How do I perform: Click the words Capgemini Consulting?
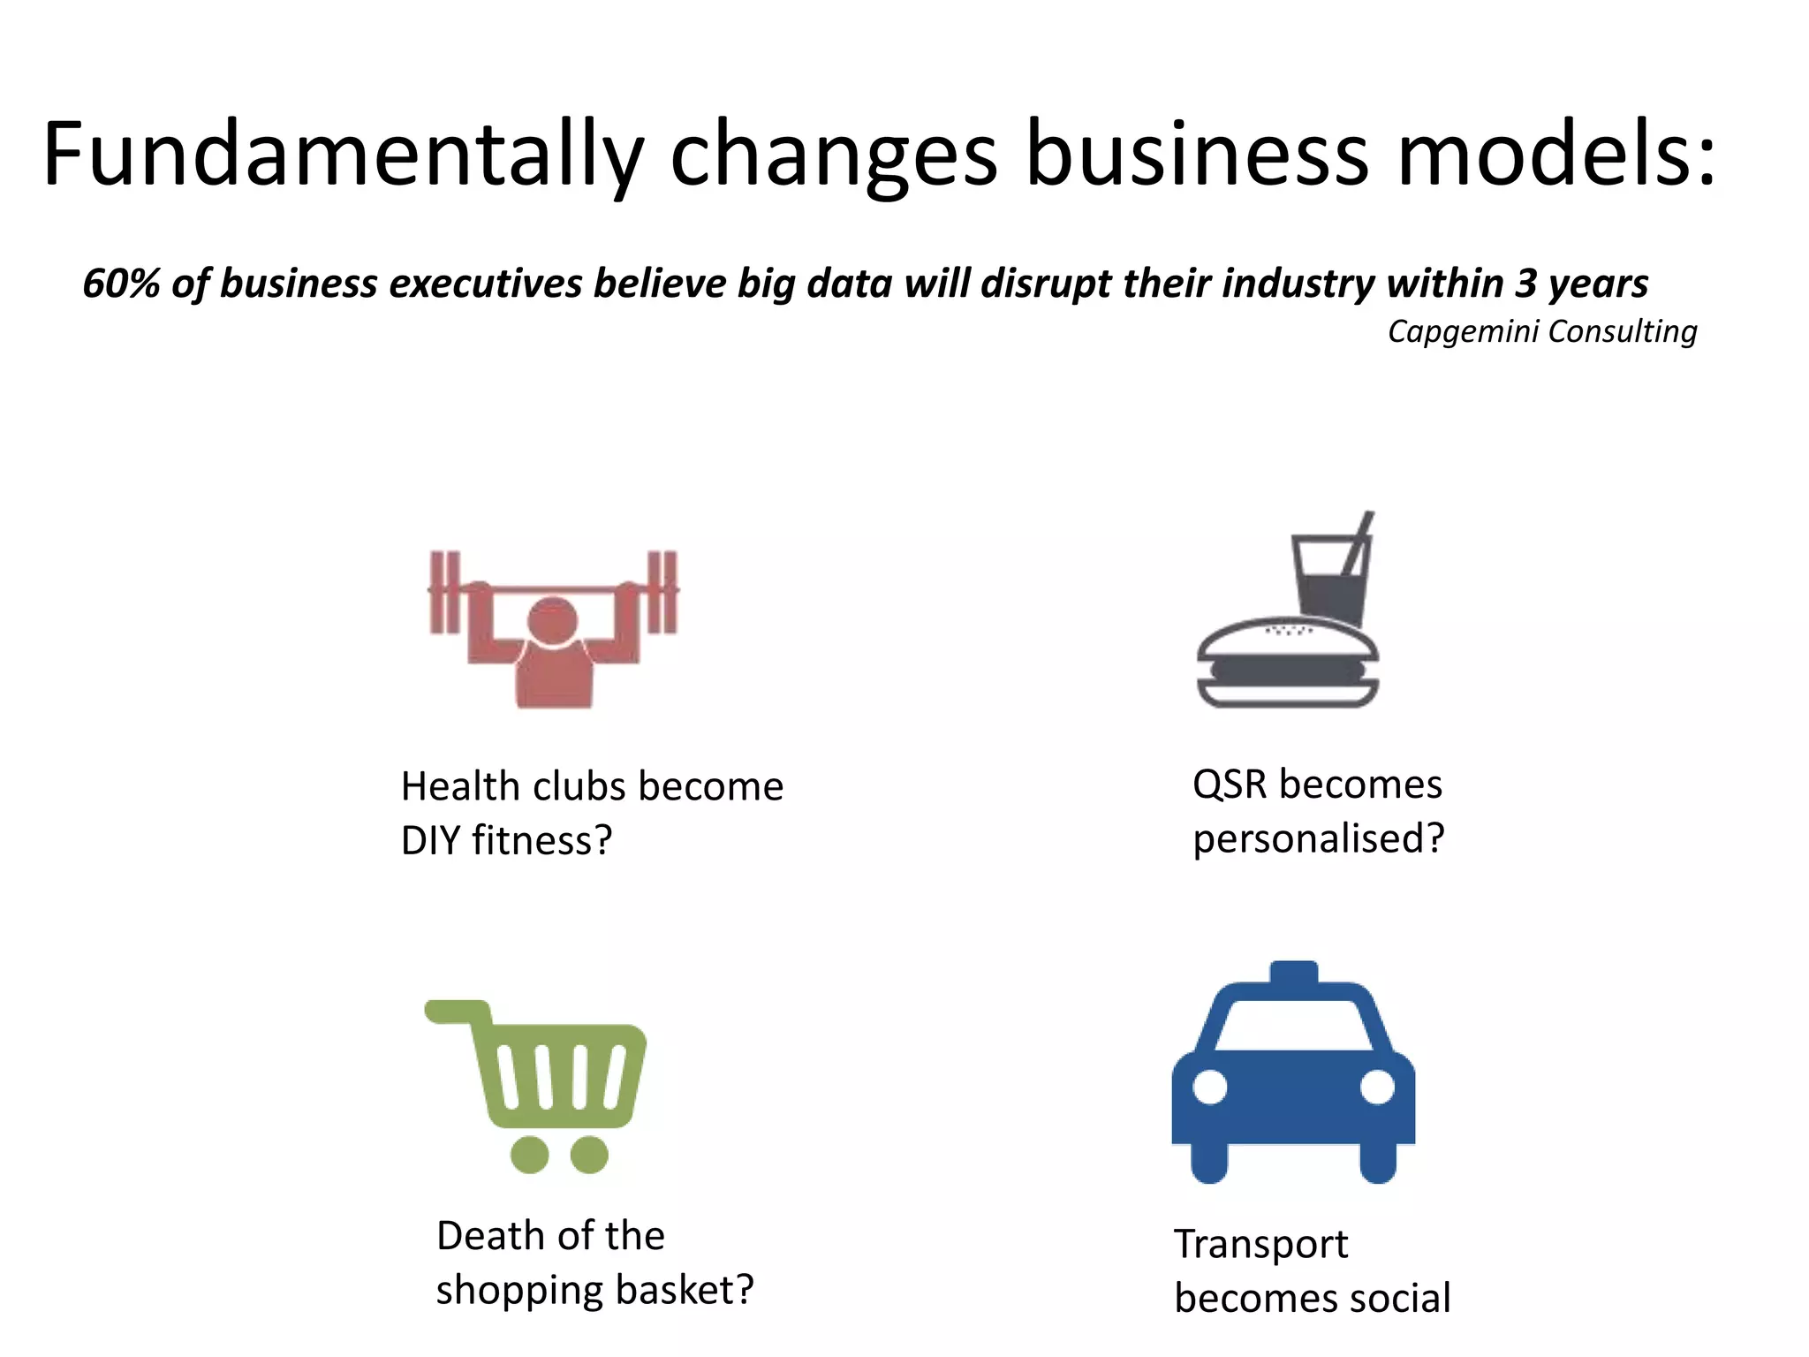[x=1541, y=331]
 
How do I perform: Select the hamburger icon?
[x=1287, y=663]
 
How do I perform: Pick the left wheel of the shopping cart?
[x=530, y=1154]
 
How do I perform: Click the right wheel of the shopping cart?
[x=589, y=1154]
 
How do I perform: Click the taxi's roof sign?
[x=1293, y=973]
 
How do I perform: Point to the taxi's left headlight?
[x=1210, y=1087]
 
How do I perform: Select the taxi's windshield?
[x=1293, y=1025]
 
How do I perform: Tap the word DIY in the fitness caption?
[x=430, y=840]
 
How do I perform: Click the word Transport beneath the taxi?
[x=1260, y=1245]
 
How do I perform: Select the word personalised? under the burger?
[x=1318, y=838]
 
